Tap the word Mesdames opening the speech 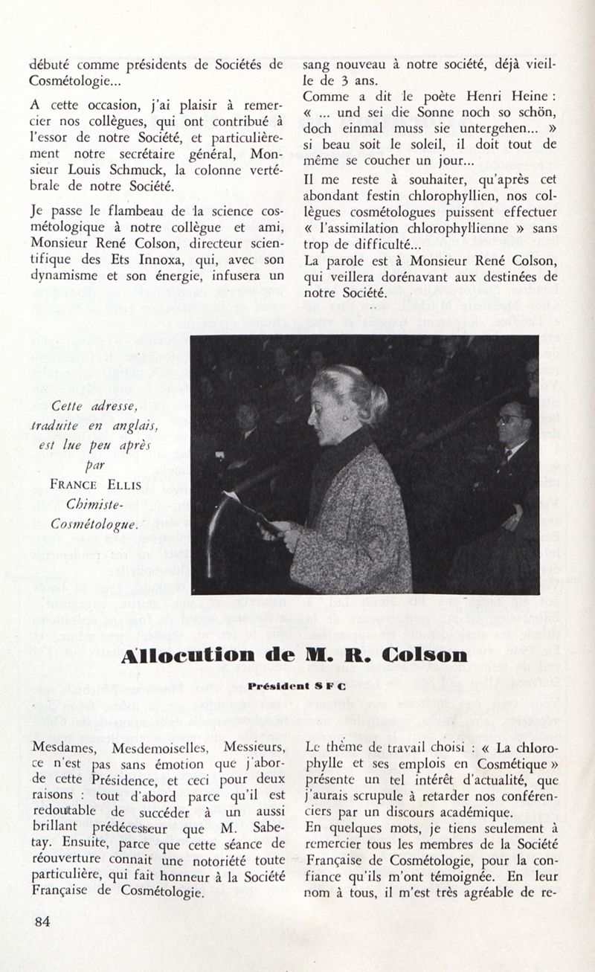[x=69, y=746]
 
